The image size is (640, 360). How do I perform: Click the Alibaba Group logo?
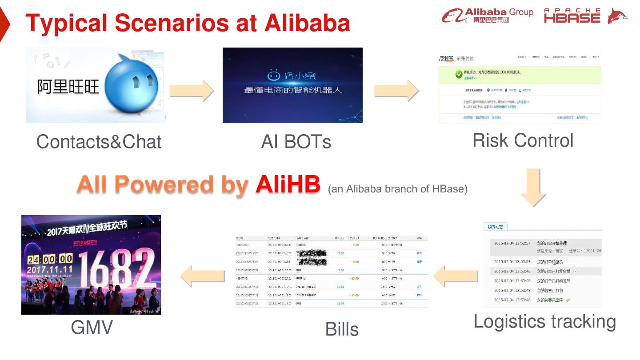tap(487, 16)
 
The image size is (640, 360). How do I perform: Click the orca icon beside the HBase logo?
tap(617, 16)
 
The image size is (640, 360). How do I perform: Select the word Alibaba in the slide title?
tap(307, 23)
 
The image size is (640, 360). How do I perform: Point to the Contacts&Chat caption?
tap(99, 142)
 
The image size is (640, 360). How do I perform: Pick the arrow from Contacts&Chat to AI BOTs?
tap(192, 90)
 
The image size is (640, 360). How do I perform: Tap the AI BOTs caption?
tap(296, 142)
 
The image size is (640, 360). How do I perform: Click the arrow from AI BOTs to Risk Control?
tap(396, 90)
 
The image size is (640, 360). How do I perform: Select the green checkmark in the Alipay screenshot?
tap(459, 74)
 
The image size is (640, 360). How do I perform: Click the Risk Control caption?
tap(523, 140)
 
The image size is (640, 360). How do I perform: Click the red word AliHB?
tap(288, 185)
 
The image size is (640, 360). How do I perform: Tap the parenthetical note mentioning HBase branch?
tap(397, 189)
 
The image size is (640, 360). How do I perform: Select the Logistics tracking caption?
tap(544, 321)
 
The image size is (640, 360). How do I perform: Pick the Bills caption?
tap(342, 329)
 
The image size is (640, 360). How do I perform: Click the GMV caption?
tap(92, 328)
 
